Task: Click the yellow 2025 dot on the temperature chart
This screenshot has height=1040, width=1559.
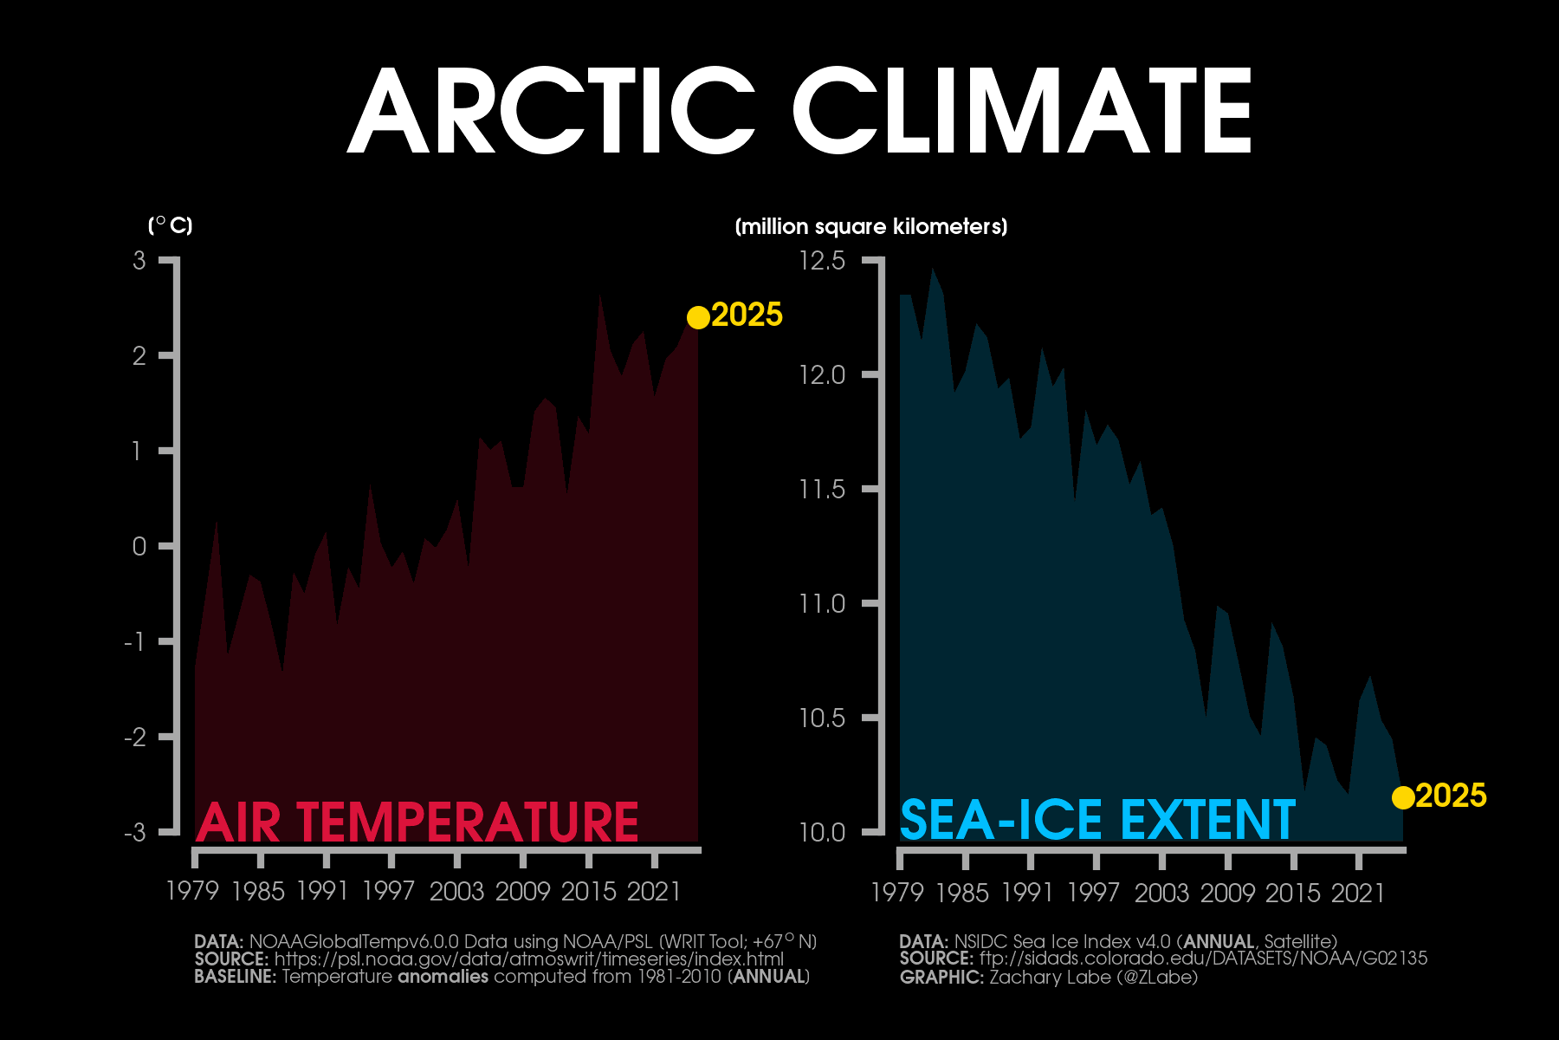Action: (x=698, y=318)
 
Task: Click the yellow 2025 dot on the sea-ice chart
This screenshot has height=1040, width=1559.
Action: (x=1403, y=797)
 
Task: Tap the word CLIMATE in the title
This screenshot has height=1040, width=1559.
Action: (x=1022, y=111)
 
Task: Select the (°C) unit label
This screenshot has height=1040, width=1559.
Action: (x=171, y=226)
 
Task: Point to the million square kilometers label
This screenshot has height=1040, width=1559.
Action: (x=871, y=227)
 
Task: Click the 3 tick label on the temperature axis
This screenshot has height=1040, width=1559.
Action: (x=139, y=261)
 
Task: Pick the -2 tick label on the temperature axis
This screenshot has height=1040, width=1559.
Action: (x=135, y=738)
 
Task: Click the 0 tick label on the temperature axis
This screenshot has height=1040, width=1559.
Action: (x=139, y=547)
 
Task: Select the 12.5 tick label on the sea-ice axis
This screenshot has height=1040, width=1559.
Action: (x=822, y=261)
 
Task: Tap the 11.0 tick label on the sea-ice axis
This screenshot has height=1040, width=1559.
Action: (x=822, y=604)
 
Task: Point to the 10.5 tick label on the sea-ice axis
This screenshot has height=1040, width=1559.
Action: (x=822, y=718)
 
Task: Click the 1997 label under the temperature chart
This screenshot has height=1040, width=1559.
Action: (x=389, y=891)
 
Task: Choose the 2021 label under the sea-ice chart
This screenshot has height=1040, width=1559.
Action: (x=1359, y=893)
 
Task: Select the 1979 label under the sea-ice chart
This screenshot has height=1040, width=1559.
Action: (x=898, y=893)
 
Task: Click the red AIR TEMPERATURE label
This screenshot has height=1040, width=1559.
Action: (x=417, y=822)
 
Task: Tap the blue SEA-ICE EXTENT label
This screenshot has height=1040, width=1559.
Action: (x=1097, y=820)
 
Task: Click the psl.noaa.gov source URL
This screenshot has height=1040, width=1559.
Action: (x=528, y=959)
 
